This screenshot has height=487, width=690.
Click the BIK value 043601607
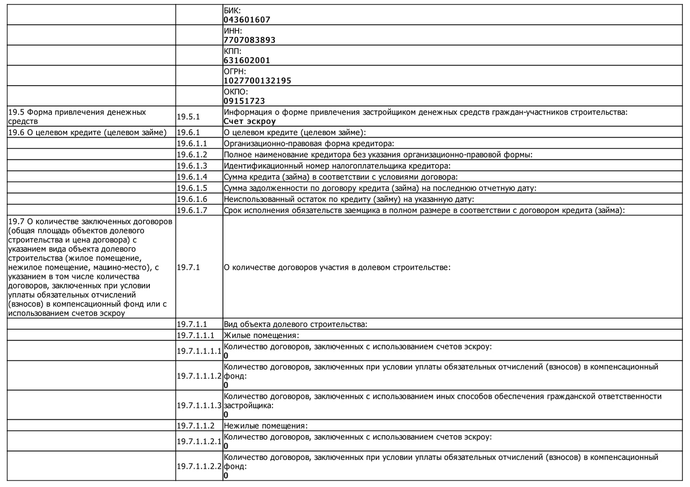click(x=247, y=19)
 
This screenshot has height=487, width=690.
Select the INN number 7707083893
click(x=249, y=40)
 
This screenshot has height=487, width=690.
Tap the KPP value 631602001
click(x=247, y=60)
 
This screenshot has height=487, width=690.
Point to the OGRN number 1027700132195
click(x=257, y=81)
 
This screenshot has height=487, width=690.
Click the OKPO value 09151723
click(x=244, y=101)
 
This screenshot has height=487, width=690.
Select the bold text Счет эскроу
click(x=250, y=121)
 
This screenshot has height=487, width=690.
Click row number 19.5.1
click(x=188, y=117)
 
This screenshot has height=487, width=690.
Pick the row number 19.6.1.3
click(x=192, y=165)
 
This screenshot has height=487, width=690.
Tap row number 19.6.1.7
click(x=192, y=210)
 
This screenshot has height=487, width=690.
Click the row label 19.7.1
click(x=188, y=267)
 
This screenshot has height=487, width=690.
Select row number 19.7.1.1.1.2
click(x=199, y=376)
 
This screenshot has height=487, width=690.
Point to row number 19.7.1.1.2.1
click(x=199, y=441)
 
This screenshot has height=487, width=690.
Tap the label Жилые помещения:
click(x=261, y=335)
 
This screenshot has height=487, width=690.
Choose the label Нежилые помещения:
click(x=266, y=426)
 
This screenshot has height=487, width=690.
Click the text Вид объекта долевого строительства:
click(x=296, y=324)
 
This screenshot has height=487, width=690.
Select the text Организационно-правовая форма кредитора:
click(x=309, y=143)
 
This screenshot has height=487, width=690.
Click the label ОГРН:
click(x=235, y=71)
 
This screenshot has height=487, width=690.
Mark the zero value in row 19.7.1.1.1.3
click(x=226, y=415)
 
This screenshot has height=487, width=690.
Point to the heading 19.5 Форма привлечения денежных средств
click(x=77, y=116)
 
